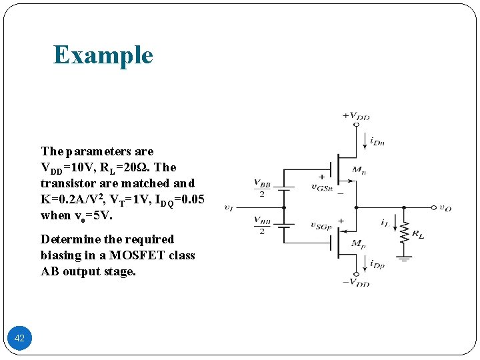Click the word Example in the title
pyautogui.click(x=103, y=55)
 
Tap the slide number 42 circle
pyautogui.click(x=19, y=338)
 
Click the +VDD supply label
pyautogui.click(x=356, y=115)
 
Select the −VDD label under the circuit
pyautogui.click(x=356, y=283)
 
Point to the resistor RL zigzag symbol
pyautogui.click(x=403, y=231)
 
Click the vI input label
pyautogui.click(x=229, y=208)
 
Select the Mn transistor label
pyautogui.click(x=359, y=171)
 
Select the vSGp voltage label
pyautogui.click(x=322, y=225)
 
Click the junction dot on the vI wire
pyautogui.click(x=285, y=207)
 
